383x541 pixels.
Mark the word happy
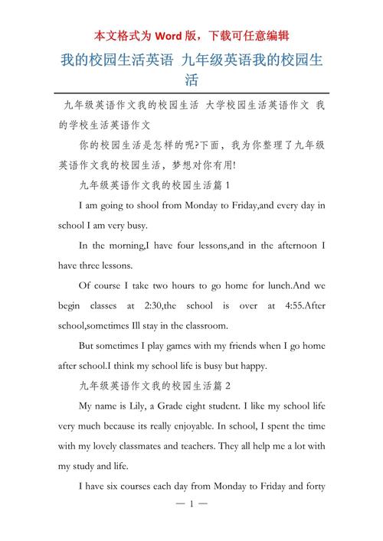tap(250, 365)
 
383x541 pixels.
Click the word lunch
tap(277, 285)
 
